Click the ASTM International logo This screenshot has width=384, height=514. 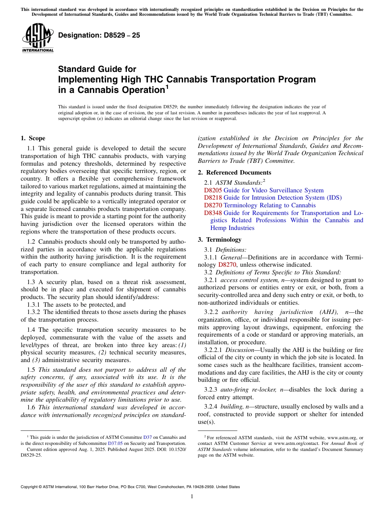point(38,38)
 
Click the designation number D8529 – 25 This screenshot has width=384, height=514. point(99,35)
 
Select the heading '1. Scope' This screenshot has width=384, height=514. point(33,138)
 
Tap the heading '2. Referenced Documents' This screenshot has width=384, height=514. point(234,173)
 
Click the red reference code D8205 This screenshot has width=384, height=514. point(213,190)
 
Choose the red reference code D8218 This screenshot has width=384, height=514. point(213,198)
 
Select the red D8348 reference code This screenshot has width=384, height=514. point(213,213)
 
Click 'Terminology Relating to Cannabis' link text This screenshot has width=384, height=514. point(270,205)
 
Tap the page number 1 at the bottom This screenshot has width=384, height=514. point(192,497)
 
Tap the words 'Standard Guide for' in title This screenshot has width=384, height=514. point(97,69)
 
